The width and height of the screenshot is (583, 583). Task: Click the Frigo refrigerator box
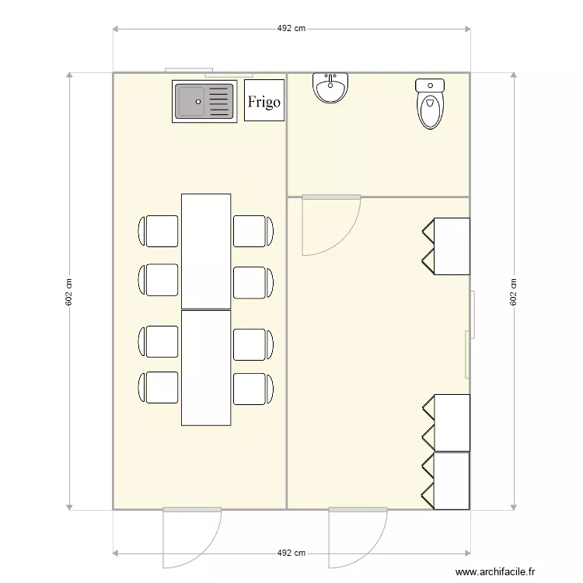(x=264, y=100)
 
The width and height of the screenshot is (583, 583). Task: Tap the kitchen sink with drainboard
(x=203, y=102)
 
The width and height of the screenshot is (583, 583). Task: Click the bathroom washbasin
(x=330, y=88)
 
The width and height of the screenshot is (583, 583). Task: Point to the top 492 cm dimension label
(x=291, y=29)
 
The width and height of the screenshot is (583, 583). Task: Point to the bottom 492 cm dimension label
(x=291, y=553)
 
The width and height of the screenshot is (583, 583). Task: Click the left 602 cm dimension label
(x=68, y=291)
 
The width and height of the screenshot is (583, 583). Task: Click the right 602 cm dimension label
(x=513, y=291)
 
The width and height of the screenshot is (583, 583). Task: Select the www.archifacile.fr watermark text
(x=496, y=571)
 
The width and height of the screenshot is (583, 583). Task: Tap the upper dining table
(x=206, y=251)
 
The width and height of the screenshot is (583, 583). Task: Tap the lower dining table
(x=206, y=368)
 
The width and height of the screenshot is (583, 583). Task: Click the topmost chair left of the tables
(x=159, y=231)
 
